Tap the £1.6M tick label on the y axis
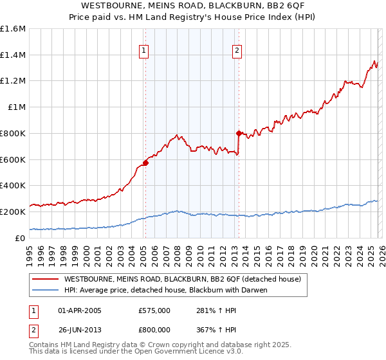coord(13,29)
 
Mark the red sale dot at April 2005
coord(146,163)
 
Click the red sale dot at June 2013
coord(239,133)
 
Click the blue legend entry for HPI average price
coord(165,290)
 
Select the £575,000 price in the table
coord(154,310)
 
